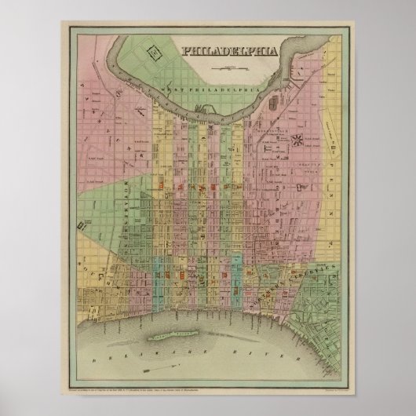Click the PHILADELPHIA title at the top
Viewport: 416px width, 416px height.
pyautogui.click(x=230, y=52)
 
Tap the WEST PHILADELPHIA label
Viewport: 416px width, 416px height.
pyautogui.click(x=210, y=92)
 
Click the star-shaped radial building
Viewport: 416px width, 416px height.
pyautogui.click(x=297, y=140)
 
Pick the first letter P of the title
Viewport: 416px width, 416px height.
pyautogui.click(x=186, y=52)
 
